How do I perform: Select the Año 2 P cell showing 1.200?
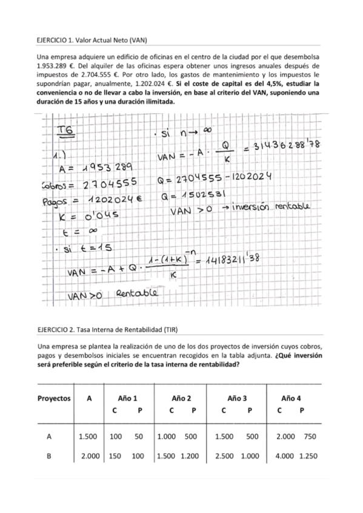191,457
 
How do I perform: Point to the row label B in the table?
48,457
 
